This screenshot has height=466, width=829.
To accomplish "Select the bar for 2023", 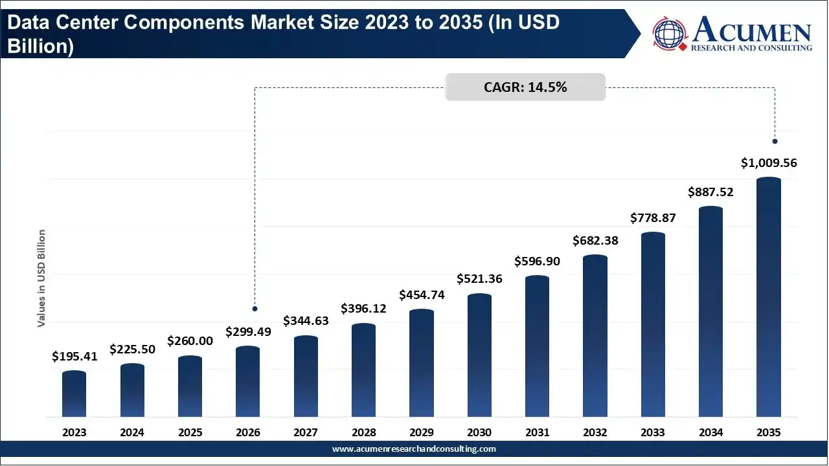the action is point(74,394).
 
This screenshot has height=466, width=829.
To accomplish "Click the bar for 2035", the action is point(769,297).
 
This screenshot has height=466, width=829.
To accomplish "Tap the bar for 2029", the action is point(422,363).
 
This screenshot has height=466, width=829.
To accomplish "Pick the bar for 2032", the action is point(595,336).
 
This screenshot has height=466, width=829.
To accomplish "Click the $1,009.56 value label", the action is point(769,162).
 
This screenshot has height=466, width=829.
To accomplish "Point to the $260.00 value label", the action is point(190,340).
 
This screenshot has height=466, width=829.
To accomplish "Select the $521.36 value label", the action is point(479,278).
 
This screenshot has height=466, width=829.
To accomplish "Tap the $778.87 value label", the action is point(653,218).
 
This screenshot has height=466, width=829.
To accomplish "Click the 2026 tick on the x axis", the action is point(248,432).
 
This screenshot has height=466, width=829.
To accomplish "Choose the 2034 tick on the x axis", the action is point(711,432).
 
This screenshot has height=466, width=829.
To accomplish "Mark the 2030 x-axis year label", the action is point(479,432).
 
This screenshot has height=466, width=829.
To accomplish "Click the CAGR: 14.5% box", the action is point(525,87).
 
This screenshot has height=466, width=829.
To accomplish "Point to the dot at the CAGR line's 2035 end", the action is point(775,141).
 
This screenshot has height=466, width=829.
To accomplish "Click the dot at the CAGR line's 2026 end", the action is point(255,309).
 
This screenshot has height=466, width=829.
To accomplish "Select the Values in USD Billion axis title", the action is point(41,278).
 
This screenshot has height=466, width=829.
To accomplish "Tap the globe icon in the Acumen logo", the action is point(669,33).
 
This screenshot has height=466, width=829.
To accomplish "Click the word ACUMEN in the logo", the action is point(752,30).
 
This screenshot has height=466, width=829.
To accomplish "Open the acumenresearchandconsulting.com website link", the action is point(414,449).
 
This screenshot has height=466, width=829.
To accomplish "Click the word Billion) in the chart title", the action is point(41,46).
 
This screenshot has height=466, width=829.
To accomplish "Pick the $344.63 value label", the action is point(306,320).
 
